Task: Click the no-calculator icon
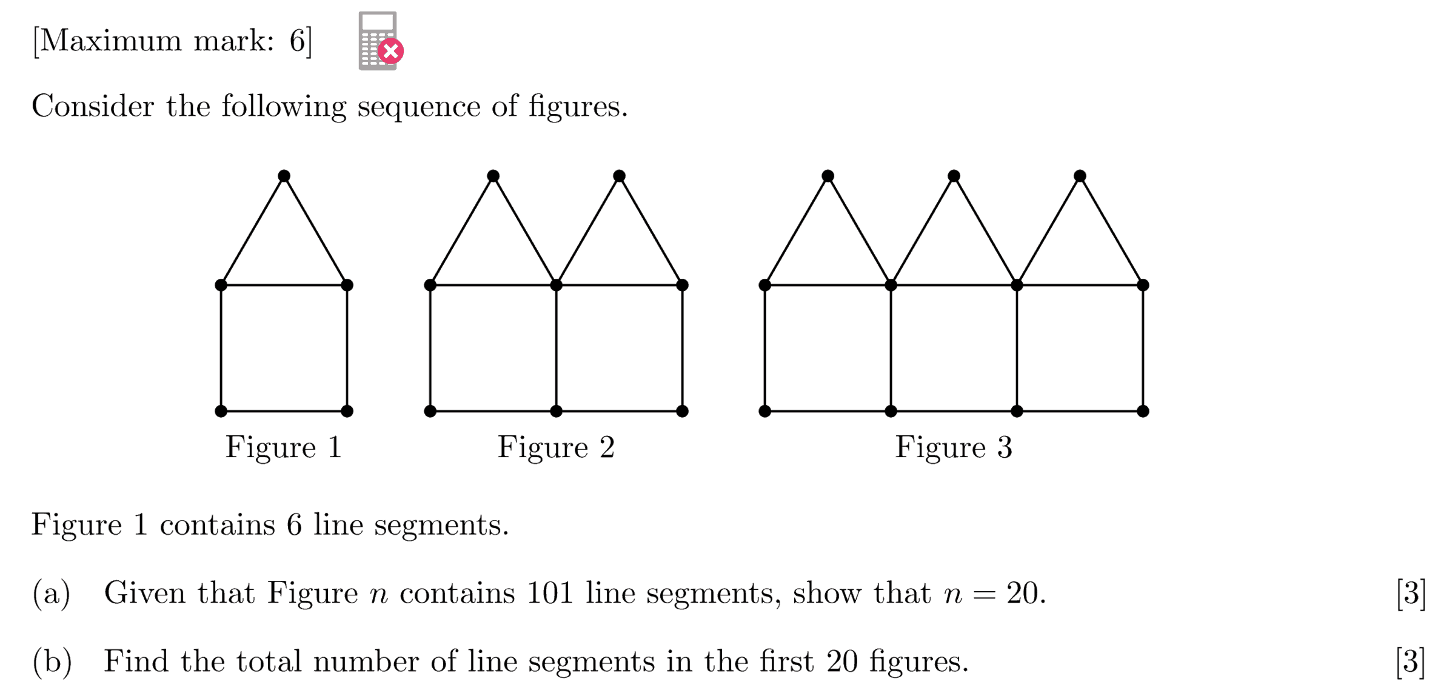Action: pyautogui.click(x=377, y=41)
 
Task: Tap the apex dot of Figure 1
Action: pyautogui.click(x=284, y=176)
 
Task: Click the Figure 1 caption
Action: pyautogui.click(x=284, y=447)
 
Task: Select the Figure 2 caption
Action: pyautogui.click(x=556, y=447)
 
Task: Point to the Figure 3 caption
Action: pyautogui.click(x=954, y=447)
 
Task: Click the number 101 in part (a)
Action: pyautogui.click(x=550, y=593)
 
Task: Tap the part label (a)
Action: pyautogui.click(x=52, y=593)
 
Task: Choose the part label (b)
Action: pyautogui.click(x=52, y=661)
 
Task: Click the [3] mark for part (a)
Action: pyautogui.click(x=1410, y=593)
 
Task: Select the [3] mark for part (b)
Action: pyautogui.click(x=1410, y=661)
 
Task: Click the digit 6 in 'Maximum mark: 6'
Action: pyautogui.click(x=297, y=41)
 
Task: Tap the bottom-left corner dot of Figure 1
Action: pyautogui.click(x=221, y=411)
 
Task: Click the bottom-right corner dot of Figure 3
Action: pyautogui.click(x=1143, y=411)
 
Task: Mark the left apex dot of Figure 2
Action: pyautogui.click(x=493, y=176)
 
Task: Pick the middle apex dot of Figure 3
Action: pyautogui.click(x=954, y=176)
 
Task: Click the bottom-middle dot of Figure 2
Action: pyautogui.click(x=556, y=411)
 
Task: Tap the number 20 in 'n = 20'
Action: pyautogui.click(x=1022, y=593)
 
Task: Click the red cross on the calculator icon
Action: pyautogui.click(x=391, y=52)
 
